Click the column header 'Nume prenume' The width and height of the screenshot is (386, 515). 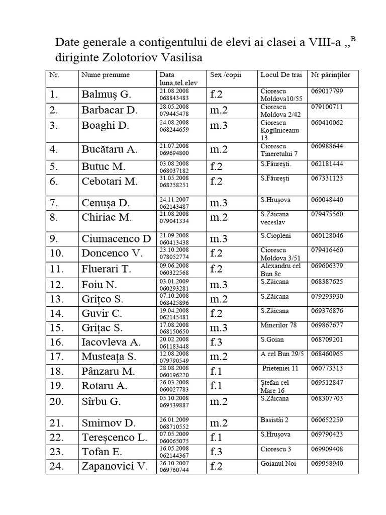[106, 75]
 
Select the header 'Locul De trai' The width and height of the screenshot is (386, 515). [281, 75]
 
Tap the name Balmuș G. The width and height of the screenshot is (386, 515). [106, 94]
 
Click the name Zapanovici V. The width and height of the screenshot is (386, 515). [115, 466]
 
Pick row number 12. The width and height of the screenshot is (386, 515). [58, 285]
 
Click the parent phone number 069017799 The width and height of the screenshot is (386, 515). [327, 91]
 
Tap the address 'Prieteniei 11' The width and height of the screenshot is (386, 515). [280, 368]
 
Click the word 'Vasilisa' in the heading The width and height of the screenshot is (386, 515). [180, 57]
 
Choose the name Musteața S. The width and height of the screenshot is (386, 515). [109, 358]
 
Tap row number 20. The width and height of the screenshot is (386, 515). [58, 402]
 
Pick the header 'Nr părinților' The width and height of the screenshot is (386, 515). [331, 75]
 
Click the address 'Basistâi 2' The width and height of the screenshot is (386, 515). [274, 419]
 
